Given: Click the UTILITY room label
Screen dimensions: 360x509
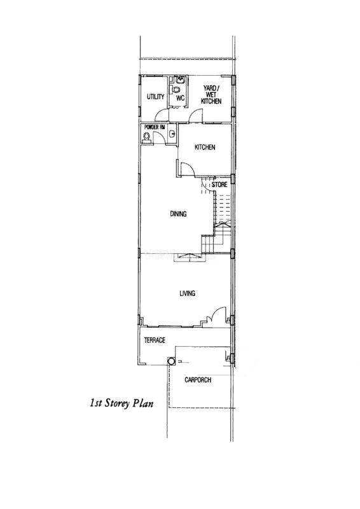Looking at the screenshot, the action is click(x=155, y=97).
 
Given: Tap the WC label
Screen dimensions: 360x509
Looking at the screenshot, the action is click(x=181, y=98).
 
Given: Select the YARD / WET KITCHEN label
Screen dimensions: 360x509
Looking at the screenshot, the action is click(x=211, y=94).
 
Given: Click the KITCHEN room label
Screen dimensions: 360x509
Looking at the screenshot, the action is click(x=205, y=148).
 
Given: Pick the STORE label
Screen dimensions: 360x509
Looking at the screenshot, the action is click(x=219, y=185).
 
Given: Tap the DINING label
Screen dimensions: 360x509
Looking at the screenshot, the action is click(x=178, y=214).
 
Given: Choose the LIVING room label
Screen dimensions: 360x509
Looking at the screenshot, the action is click(x=187, y=293).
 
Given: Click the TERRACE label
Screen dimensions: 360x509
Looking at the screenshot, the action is click(x=155, y=340).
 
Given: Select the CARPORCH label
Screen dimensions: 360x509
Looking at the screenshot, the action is click(x=198, y=380).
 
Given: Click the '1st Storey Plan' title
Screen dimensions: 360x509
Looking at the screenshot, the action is click(x=121, y=403).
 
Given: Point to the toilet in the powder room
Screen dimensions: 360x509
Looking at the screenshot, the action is click(x=147, y=137).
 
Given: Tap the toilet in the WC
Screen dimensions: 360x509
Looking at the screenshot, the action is click(x=176, y=89).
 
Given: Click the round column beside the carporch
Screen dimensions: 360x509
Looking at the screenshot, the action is click(x=171, y=361).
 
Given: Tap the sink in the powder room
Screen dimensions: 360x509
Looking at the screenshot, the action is click(x=172, y=134).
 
